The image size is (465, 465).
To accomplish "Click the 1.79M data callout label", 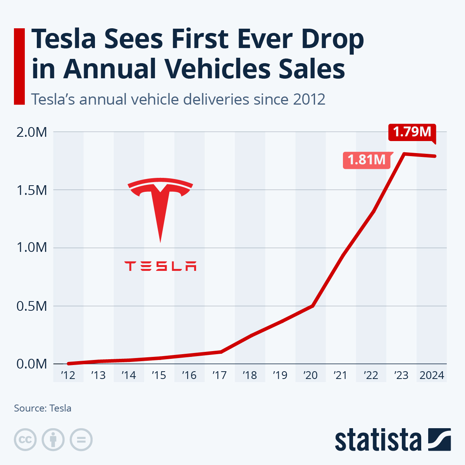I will click(412, 132).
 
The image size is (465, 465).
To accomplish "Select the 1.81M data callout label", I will click(367, 160).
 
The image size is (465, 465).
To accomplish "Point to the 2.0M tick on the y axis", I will click(32, 133).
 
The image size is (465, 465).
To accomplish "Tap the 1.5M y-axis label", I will click(32, 190).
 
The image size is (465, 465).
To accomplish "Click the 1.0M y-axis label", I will click(32, 248).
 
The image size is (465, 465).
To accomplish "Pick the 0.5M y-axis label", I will click(32, 306).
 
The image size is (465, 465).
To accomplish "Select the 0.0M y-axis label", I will click(32, 364).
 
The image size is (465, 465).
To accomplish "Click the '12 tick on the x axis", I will click(68, 375).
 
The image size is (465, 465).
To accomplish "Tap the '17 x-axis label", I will click(220, 375).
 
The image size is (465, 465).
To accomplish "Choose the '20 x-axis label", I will click(310, 375).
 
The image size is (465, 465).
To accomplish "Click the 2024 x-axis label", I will click(432, 375).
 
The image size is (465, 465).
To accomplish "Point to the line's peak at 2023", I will click(404, 154).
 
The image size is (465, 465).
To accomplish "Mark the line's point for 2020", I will click(312, 306).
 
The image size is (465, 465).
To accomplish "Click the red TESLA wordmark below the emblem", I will click(160, 266).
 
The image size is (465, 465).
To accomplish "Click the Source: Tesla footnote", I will click(43, 408).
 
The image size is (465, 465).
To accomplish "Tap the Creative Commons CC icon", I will click(25, 440).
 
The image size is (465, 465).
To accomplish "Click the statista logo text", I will click(378, 440).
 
